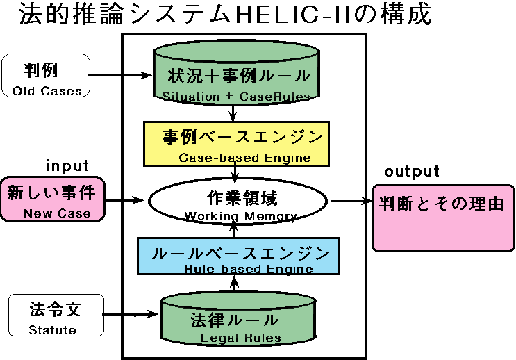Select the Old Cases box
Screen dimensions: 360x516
[46, 75]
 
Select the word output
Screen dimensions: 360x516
[412, 172]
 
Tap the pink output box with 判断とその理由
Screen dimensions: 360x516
[442, 217]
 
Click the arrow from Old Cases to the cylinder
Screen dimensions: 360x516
[122, 75]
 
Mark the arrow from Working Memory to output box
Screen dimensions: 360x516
[351, 202]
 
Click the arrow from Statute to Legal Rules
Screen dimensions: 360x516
[132, 316]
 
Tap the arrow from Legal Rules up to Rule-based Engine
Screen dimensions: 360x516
[235, 284]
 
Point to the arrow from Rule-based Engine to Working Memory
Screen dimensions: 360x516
[235, 230]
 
